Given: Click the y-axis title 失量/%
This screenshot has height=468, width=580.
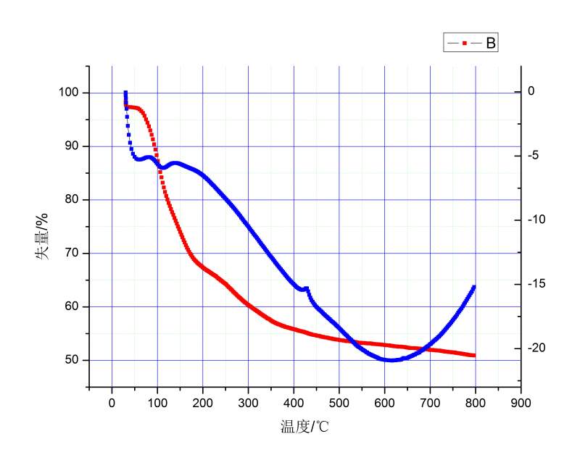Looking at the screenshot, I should [x=43, y=235].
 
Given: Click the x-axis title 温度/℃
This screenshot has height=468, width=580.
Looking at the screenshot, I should [x=304, y=426].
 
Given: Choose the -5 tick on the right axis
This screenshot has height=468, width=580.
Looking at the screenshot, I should [x=537, y=155].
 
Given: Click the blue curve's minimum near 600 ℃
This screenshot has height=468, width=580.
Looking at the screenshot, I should [x=391, y=360].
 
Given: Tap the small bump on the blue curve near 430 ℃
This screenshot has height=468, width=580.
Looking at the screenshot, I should [x=307, y=288].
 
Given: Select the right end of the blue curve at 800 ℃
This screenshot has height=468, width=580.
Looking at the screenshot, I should [x=473, y=287].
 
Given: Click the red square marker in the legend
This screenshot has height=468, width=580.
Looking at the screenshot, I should [x=464, y=44].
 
